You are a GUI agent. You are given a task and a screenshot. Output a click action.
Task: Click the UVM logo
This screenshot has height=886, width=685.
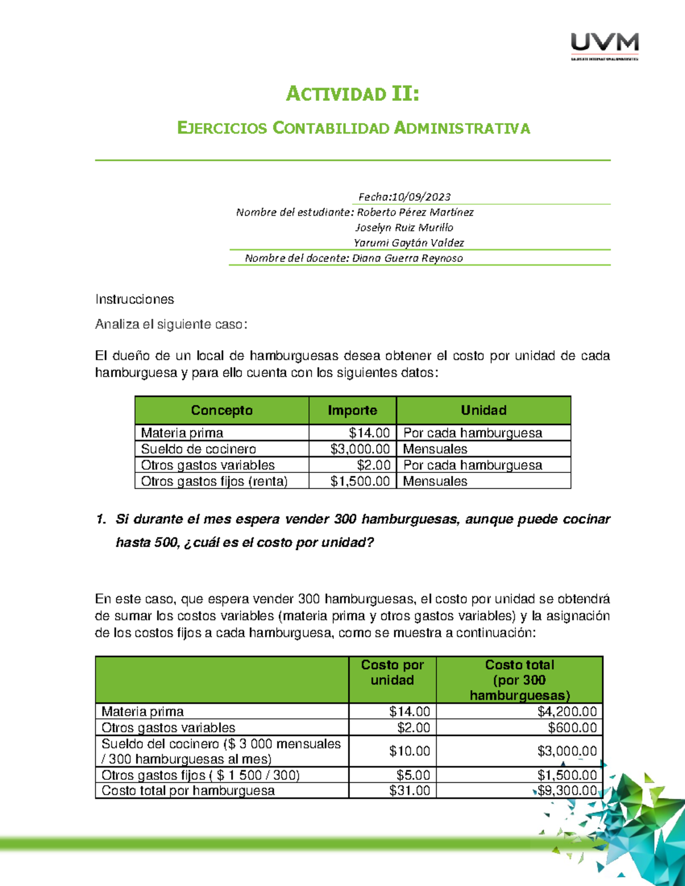click(605, 46)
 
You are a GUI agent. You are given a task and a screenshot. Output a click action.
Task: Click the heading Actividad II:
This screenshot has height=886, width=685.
click(353, 94)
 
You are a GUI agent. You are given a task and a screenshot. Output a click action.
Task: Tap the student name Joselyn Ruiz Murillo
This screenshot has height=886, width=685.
click(404, 228)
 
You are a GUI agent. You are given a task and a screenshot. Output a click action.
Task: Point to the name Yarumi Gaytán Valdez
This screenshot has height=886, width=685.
click(408, 243)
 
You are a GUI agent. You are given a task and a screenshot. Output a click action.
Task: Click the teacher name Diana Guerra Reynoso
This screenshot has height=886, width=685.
click(407, 258)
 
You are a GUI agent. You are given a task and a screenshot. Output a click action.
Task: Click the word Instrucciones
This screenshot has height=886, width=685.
click(134, 300)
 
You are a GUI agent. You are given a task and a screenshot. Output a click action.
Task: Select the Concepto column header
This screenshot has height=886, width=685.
click(221, 410)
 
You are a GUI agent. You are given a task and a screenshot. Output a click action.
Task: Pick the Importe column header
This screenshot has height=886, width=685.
click(352, 410)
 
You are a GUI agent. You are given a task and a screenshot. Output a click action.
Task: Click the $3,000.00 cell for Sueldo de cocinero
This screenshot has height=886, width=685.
click(360, 449)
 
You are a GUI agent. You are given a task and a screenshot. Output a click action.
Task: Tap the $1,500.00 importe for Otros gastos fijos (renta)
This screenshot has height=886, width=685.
click(360, 481)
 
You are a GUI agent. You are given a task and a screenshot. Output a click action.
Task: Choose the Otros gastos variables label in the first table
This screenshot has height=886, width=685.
click(208, 465)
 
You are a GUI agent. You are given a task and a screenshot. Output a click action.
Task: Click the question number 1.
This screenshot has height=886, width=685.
click(101, 519)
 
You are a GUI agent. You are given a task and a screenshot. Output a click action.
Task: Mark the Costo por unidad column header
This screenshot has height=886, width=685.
click(392, 673)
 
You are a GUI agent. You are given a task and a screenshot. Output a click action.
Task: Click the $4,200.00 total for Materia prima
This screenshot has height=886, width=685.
click(566, 711)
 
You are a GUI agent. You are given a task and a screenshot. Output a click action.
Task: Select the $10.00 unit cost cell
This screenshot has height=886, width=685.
click(409, 751)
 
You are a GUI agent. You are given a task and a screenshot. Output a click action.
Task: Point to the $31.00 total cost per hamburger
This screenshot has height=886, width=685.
click(409, 791)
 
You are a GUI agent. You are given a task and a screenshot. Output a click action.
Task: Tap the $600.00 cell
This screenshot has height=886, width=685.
click(572, 727)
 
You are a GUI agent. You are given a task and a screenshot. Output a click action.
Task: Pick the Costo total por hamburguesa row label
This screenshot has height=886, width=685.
click(188, 791)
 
